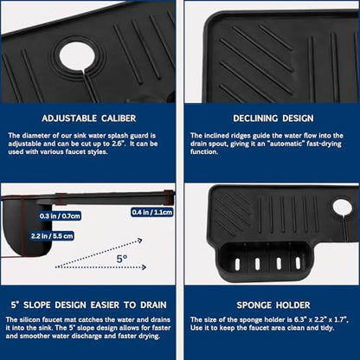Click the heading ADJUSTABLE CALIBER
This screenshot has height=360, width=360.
click(88, 119)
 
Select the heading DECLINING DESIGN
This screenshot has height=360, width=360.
click(273, 119)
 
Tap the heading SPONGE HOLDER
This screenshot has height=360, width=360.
click(273, 305)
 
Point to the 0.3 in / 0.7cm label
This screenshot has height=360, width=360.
click(60, 215)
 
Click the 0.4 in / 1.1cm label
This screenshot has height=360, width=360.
click(152, 212)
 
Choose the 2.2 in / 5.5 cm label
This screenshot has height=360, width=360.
click(52, 236)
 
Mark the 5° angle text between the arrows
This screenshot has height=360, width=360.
click(122, 258)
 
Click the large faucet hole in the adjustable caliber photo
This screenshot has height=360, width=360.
click(77, 56)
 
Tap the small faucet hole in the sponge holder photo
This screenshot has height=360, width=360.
click(343, 208)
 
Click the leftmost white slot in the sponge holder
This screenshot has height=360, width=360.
click(237, 264)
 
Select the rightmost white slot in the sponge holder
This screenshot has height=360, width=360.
click(298, 263)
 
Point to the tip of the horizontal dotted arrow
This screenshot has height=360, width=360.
click(146, 267)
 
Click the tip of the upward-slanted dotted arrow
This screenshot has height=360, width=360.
click(142, 240)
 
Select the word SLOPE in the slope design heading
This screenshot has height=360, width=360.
click(36, 305)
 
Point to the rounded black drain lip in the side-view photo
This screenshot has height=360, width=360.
click(28, 228)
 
